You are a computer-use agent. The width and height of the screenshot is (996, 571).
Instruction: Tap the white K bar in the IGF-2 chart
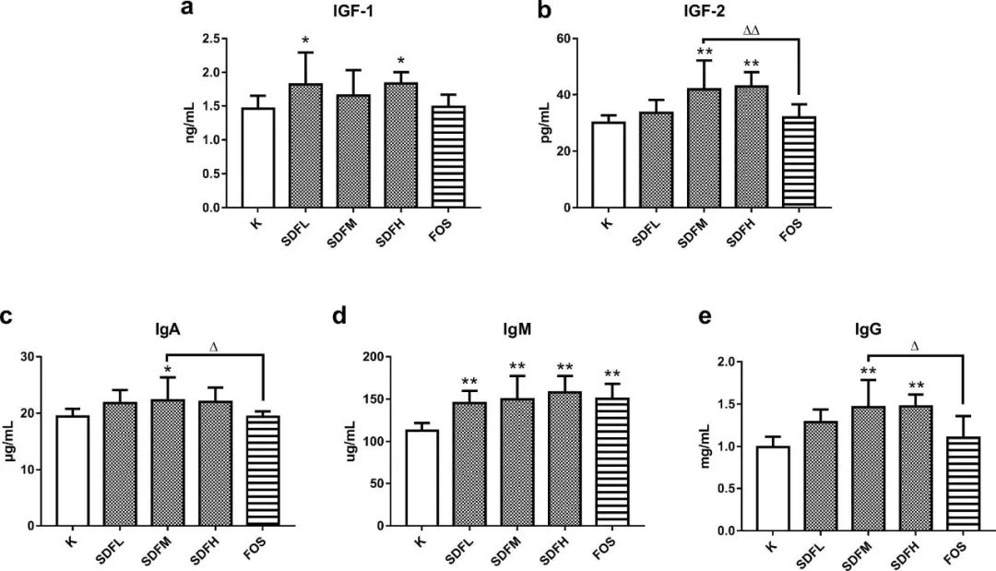click(608, 165)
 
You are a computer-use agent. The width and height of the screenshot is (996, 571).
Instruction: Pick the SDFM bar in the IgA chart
click(168, 462)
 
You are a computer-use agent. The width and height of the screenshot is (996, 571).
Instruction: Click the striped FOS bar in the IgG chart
click(962, 484)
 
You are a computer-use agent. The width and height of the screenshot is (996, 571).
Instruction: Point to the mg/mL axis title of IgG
click(705, 446)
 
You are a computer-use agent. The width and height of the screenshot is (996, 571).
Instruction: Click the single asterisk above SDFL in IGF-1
click(305, 42)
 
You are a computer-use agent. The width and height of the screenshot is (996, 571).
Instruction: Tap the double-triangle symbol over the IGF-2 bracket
click(751, 30)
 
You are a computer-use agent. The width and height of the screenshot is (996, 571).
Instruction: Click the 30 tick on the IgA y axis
click(35, 357)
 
